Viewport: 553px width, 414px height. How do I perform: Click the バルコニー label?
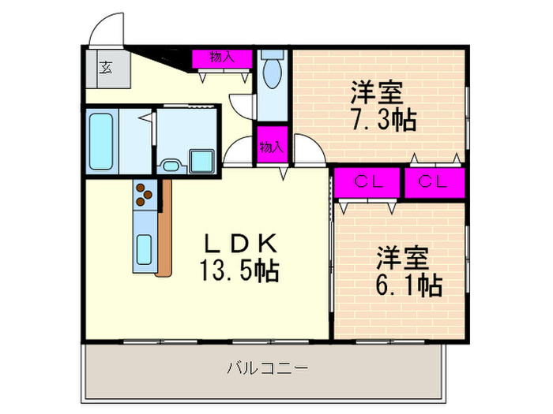point(266,368)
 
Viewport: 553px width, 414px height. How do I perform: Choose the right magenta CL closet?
point(434,182)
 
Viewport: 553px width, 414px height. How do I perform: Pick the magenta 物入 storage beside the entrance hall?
point(222,58)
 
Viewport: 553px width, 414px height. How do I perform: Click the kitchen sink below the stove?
point(144,252)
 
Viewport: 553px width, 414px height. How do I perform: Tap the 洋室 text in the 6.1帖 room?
point(401,258)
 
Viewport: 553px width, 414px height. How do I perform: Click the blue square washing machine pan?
point(201,162)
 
